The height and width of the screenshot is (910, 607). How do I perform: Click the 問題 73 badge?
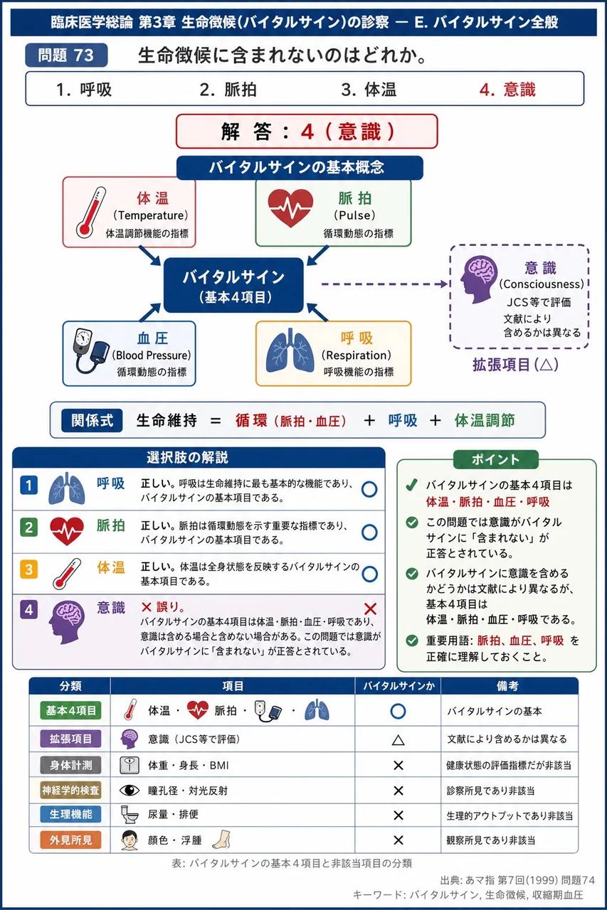point(66,55)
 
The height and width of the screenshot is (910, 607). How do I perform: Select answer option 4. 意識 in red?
point(507,90)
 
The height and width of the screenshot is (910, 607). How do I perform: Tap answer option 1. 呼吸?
point(84,90)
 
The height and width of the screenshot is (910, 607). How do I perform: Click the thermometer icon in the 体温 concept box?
point(90,212)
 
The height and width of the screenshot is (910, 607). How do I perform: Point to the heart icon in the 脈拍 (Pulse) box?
point(290,208)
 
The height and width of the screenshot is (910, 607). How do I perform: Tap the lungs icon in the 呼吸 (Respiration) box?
point(290,350)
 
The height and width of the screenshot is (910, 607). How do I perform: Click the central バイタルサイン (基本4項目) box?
point(234,285)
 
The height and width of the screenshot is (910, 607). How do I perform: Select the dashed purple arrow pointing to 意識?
point(384,284)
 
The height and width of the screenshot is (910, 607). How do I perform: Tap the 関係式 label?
point(92,420)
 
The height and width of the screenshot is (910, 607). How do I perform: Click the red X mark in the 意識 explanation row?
point(370,609)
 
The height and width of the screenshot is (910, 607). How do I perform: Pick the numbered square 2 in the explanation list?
point(29,528)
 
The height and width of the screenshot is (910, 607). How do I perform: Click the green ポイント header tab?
point(496,459)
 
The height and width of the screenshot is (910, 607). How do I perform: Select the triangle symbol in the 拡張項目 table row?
point(398,739)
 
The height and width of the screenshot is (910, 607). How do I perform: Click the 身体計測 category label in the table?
point(70,766)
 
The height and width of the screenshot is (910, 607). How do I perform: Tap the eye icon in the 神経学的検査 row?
point(130,790)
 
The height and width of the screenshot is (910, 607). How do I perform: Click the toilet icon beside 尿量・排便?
point(130,814)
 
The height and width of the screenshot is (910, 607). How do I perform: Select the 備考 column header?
point(507,686)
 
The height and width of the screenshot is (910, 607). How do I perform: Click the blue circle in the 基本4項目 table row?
point(398,711)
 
